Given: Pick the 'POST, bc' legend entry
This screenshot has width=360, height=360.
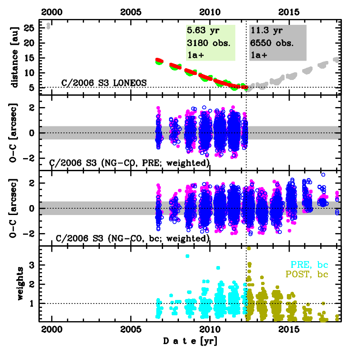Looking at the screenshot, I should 305,274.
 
